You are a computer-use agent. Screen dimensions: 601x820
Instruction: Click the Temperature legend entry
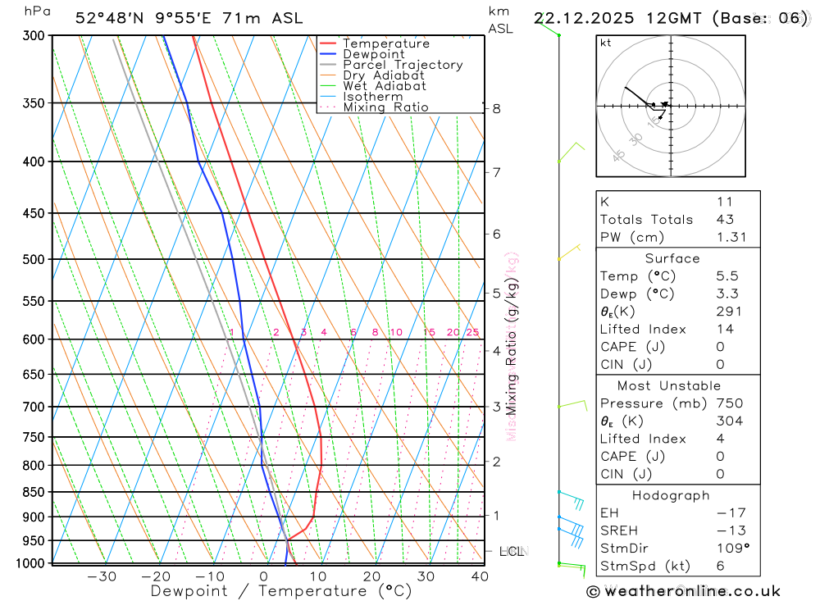point(385,43)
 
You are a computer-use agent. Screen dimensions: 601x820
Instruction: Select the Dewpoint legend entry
point(373,54)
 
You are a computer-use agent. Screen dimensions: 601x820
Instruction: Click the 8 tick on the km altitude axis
point(496,108)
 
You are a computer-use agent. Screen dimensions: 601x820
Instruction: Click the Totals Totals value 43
point(725,219)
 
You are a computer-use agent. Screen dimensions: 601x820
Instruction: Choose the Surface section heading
point(672,258)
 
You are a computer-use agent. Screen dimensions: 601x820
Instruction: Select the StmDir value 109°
point(731,548)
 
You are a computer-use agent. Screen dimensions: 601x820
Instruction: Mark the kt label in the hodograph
point(606,43)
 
